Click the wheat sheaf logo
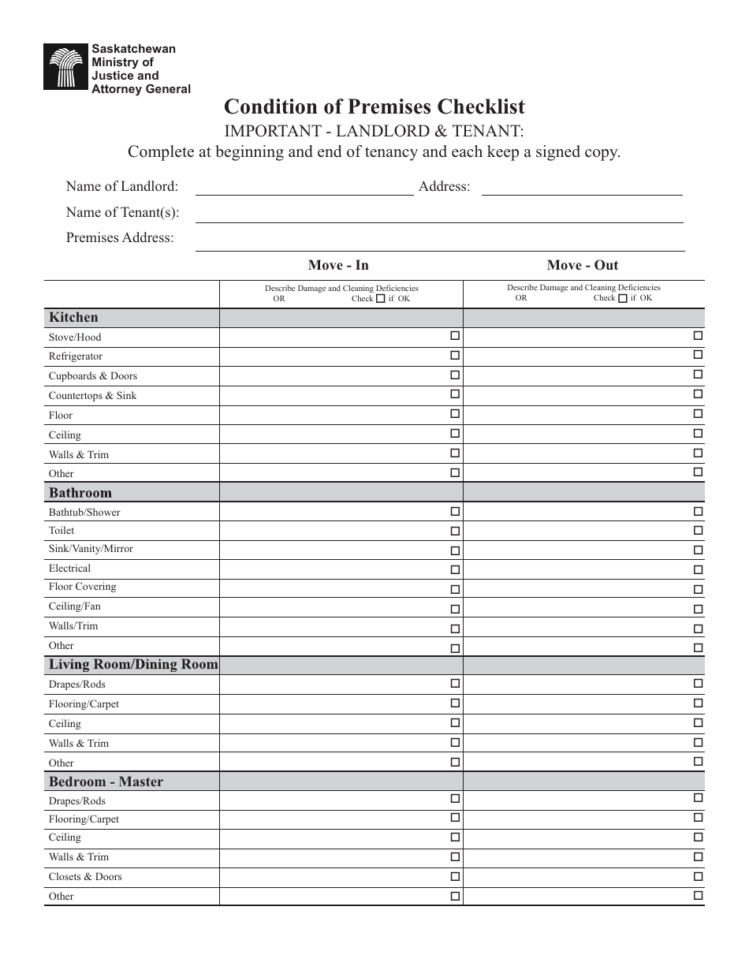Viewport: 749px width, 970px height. [x=65, y=67]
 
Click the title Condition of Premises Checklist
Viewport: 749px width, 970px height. [x=374, y=106]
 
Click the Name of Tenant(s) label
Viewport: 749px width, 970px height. [x=122, y=212]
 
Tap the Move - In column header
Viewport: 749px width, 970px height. [x=338, y=265]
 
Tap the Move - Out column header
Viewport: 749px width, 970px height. [x=583, y=265]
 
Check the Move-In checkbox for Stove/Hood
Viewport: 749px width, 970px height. [x=455, y=336]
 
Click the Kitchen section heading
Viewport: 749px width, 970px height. [x=74, y=318]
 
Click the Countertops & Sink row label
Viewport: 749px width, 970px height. [x=92, y=396]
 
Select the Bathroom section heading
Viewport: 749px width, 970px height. [x=80, y=493]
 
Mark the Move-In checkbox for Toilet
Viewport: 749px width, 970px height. [x=455, y=532]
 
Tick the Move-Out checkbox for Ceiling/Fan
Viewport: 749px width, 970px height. [x=698, y=610]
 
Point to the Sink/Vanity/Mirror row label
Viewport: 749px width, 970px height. [x=91, y=549]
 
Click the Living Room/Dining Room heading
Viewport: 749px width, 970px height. [x=132, y=665]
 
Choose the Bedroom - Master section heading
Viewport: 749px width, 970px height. [x=106, y=782]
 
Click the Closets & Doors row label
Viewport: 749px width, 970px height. [x=85, y=877]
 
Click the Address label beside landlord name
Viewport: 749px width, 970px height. [x=445, y=187]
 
